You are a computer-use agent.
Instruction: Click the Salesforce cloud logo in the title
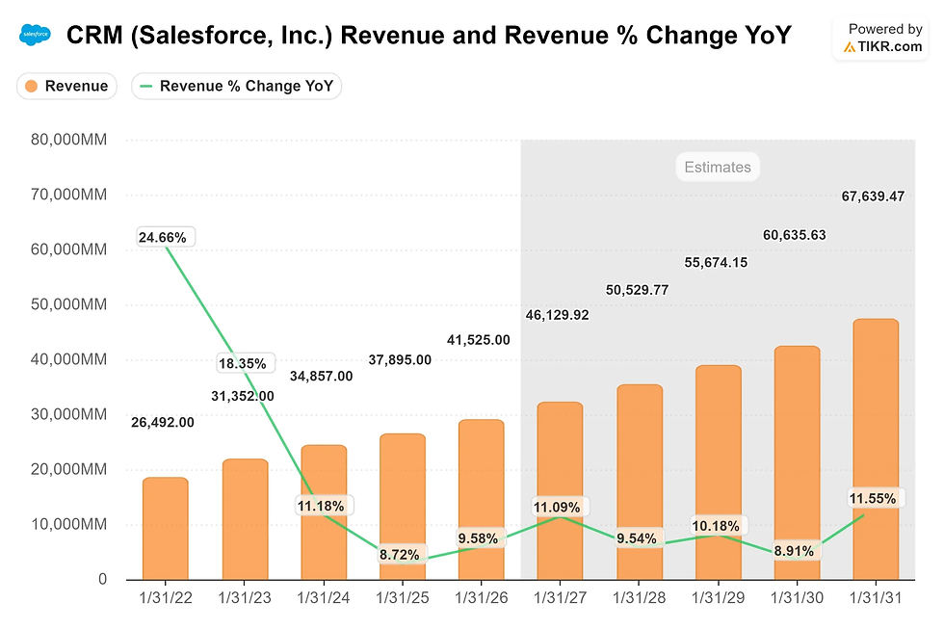35,36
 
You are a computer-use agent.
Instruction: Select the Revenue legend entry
66,86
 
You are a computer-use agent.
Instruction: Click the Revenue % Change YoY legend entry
236,86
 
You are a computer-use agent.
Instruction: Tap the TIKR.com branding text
890,46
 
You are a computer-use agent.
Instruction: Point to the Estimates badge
717,167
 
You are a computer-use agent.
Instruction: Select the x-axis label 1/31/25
402,599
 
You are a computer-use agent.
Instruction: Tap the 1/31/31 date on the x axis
875,599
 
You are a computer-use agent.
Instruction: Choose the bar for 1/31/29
718,472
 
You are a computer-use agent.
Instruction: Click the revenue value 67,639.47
872,197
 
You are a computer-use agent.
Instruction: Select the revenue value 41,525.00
479,339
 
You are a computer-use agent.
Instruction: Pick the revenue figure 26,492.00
163,421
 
